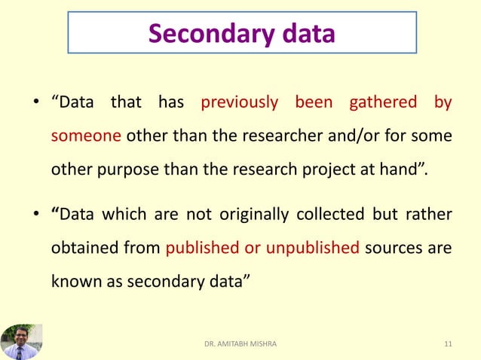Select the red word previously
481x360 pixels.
[x=239, y=102]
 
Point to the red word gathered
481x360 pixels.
[x=384, y=102]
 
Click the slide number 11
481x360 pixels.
[x=449, y=344]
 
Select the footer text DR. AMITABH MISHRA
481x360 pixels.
[x=240, y=344]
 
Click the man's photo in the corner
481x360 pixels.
[x=21, y=342]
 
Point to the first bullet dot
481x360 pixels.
[x=35, y=103]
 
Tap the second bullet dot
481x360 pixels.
[x=35, y=216]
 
